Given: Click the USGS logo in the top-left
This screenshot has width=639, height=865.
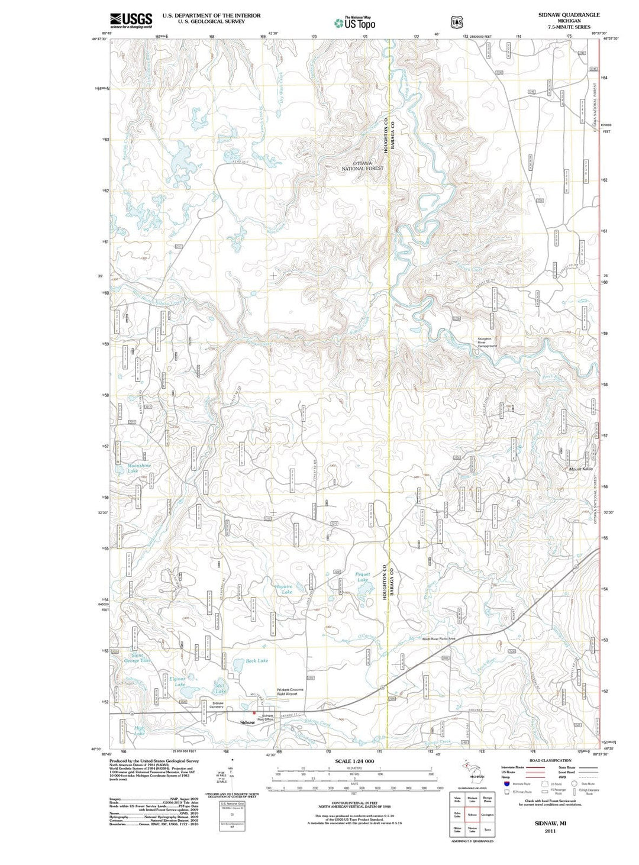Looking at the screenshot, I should [131, 20].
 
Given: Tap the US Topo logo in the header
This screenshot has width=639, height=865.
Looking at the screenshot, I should [354, 23].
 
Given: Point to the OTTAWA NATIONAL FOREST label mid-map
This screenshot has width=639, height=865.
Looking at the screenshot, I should [362, 166].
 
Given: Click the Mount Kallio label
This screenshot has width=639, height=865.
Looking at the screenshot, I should [580, 469].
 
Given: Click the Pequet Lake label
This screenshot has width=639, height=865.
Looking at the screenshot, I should [362, 577].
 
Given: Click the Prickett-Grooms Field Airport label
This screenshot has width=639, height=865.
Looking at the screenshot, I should [290, 692].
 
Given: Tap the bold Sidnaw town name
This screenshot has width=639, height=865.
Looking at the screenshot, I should [247, 722].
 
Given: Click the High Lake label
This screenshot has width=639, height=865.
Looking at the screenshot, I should [139, 731].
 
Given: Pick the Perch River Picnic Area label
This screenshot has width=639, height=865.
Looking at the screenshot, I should [438, 638].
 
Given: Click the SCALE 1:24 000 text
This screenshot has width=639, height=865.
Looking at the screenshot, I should [354, 761].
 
